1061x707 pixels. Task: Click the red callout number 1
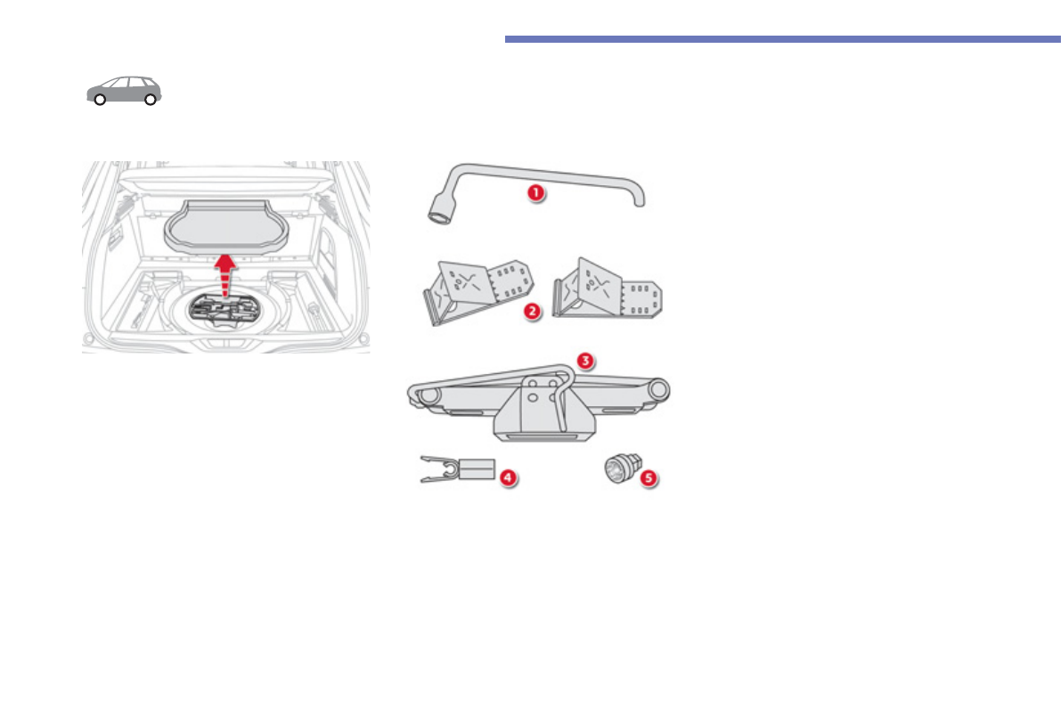[x=535, y=192]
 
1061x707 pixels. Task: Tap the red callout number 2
[x=533, y=313]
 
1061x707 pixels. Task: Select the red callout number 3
[x=584, y=361]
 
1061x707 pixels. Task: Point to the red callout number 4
[x=508, y=477]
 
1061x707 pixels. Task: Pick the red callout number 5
[x=649, y=478]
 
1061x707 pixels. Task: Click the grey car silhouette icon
[x=125, y=89]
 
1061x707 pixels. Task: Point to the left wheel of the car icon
[x=101, y=100]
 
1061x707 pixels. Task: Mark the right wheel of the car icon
[x=151, y=100]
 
